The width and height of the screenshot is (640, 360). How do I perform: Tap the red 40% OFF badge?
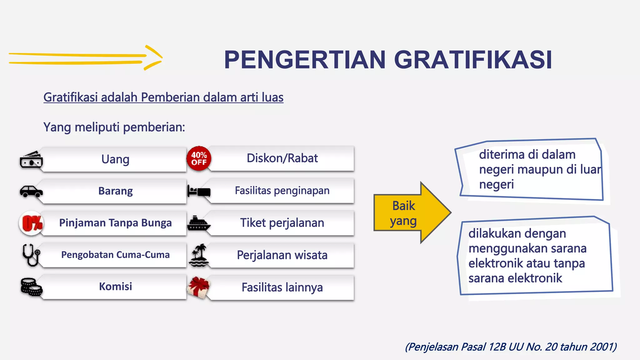pyautogui.click(x=199, y=158)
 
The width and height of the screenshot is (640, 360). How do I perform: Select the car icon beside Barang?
pyautogui.click(x=31, y=191)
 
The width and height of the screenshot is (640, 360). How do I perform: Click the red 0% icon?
pyautogui.click(x=32, y=223)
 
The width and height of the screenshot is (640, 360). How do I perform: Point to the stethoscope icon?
pyautogui.click(x=31, y=255)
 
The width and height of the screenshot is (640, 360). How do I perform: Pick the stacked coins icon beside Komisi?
pyautogui.click(x=31, y=287)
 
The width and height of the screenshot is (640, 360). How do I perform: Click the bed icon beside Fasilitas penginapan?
pyautogui.click(x=199, y=191)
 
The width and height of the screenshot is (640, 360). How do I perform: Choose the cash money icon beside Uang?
pyautogui.click(x=31, y=160)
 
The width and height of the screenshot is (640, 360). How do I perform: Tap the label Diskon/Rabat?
pyautogui.click(x=282, y=158)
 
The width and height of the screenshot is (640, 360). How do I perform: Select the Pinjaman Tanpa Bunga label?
pyautogui.click(x=115, y=223)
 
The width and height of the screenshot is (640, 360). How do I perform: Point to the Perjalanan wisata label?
pyautogui.click(x=282, y=255)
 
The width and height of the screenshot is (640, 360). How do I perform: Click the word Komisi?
pyautogui.click(x=115, y=287)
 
